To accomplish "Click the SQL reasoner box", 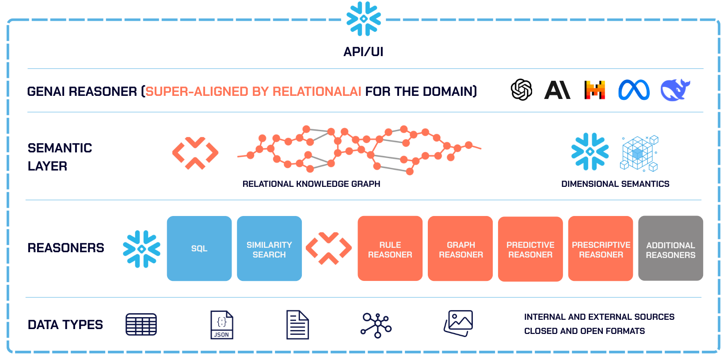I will [199, 248].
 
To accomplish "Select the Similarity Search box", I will [269, 248].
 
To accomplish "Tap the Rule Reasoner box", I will [390, 248].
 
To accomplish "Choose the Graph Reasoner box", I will [460, 248].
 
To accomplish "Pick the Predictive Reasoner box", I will [530, 249].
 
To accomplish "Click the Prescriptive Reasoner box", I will [601, 248].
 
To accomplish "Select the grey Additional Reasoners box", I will [670, 248].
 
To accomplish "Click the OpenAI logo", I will [521, 90].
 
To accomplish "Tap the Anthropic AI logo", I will [557, 90].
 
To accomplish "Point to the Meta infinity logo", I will [634, 90].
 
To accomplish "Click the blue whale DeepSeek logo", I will [675, 90].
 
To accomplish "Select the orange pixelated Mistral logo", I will [594, 90].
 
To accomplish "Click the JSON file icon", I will [221, 325].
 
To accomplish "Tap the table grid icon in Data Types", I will [141, 325].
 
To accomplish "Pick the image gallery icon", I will [458, 323].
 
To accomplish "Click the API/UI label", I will [363, 52].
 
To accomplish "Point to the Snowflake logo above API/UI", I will [363, 19].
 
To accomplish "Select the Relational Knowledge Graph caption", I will [311, 184].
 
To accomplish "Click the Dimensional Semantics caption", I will [615, 184].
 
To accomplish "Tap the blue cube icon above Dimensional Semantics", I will [639, 153].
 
